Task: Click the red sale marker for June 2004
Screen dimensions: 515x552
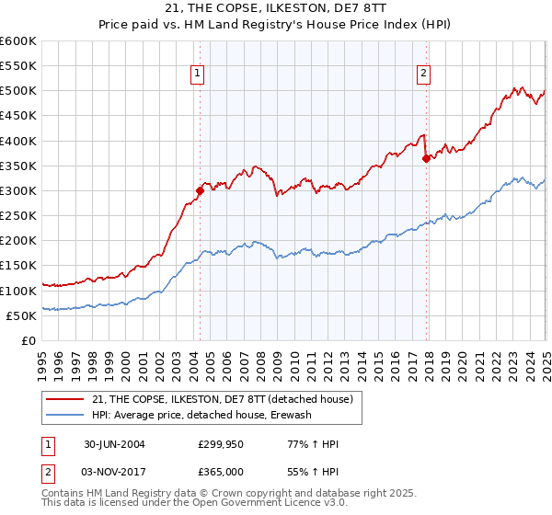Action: (200, 190)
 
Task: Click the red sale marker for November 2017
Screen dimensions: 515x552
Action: (426, 158)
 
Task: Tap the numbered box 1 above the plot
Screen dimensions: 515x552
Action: (198, 75)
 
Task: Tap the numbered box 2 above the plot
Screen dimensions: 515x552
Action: (423, 75)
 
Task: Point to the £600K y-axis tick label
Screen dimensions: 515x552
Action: (18, 41)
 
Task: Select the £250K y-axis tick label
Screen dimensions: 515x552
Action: (18, 215)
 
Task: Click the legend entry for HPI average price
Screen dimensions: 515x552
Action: (201, 415)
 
